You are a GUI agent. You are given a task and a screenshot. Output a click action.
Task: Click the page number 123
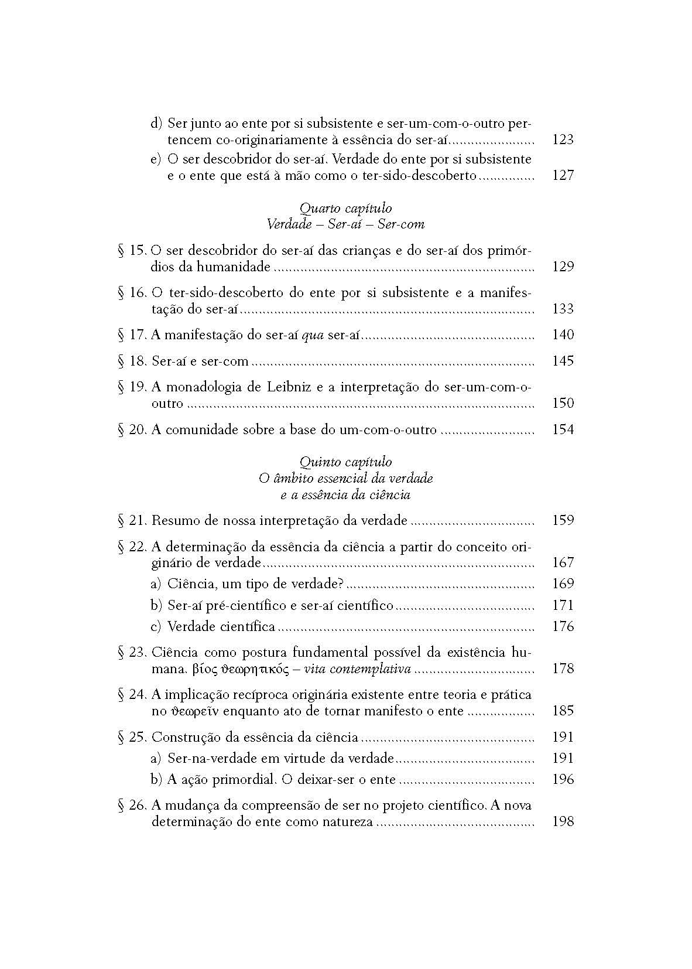pyautogui.click(x=563, y=139)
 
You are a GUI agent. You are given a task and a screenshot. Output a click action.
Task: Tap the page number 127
pyautogui.click(x=563, y=175)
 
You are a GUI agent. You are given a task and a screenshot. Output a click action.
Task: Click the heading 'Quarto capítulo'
pyautogui.click(x=345, y=208)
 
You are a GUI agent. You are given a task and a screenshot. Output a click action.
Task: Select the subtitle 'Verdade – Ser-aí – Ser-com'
pyautogui.click(x=345, y=224)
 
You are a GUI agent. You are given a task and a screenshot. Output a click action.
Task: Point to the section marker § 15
pyautogui.click(x=132, y=250)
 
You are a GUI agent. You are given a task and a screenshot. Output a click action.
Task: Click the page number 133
pyautogui.click(x=563, y=309)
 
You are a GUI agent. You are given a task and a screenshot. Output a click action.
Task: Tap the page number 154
pyautogui.click(x=563, y=429)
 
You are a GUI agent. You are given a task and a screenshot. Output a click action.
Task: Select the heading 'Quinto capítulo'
pyautogui.click(x=345, y=462)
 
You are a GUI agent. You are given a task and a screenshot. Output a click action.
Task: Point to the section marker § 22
pyautogui.click(x=132, y=547)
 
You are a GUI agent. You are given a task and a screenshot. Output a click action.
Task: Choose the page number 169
pyautogui.click(x=563, y=584)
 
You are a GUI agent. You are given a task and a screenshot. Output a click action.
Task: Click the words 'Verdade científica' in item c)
pyautogui.click(x=221, y=626)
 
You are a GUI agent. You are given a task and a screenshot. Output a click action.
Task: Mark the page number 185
pyautogui.click(x=563, y=711)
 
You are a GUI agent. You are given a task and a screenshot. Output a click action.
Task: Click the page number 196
pyautogui.click(x=563, y=779)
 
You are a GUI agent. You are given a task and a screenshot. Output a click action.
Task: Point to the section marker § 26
pyautogui.click(x=132, y=805)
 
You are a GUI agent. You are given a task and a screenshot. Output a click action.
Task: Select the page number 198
pyautogui.click(x=563, y=821)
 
